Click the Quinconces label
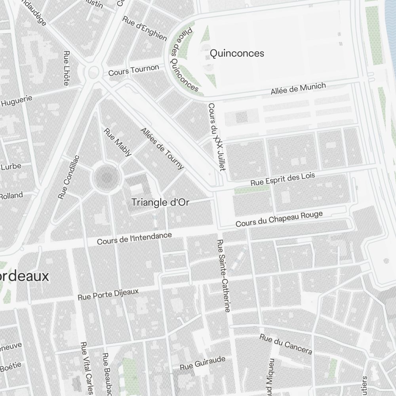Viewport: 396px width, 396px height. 237,53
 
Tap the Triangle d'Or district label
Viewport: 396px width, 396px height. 160,202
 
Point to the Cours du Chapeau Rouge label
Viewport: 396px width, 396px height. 279,219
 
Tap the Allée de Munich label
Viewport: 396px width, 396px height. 298,89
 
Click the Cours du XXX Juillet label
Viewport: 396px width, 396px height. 217,137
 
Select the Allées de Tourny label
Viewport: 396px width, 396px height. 162,148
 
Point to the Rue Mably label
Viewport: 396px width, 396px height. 117,142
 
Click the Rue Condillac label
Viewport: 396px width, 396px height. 69,177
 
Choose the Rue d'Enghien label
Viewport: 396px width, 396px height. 145,28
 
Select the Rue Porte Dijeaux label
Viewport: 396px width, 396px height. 108,294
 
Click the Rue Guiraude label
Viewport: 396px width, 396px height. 203,363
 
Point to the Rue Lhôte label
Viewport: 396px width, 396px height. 66,68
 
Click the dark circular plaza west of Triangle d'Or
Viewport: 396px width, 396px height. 106,179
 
